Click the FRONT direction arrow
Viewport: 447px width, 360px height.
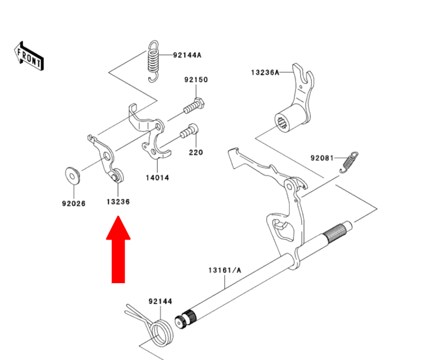tap(29, 56)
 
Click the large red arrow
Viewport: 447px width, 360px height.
tap(119, 250)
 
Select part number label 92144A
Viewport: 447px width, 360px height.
tap(187, 55)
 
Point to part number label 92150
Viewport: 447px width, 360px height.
tap(196, 80)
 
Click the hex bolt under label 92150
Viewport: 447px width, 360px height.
tap(194, 105)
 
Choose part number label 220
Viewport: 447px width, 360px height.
tap(196, 153)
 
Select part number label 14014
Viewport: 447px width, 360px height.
tap(157, 178)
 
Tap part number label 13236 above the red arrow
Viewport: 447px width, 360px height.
tap(119, 202)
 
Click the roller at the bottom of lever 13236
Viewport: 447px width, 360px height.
tap(117, 176)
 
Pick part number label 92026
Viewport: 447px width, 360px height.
tap(74, 203)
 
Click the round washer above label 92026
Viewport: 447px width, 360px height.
tap(72, 176)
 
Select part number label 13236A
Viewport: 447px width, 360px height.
tap(265, 73)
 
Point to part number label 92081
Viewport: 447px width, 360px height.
tap(322, 158)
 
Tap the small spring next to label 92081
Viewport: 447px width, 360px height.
tap(349, 162)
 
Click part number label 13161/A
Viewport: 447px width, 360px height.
tap(225, 270)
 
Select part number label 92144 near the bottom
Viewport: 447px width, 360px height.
tap(160, 301)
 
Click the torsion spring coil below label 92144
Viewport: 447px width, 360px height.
tap(162, 332)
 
